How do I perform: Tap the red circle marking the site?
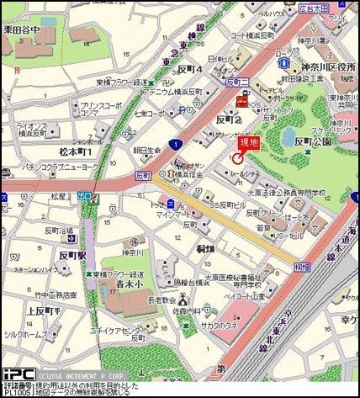pos(238,157)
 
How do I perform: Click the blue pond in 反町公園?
pos(291,135)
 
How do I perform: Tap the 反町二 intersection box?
pos(235,82)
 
